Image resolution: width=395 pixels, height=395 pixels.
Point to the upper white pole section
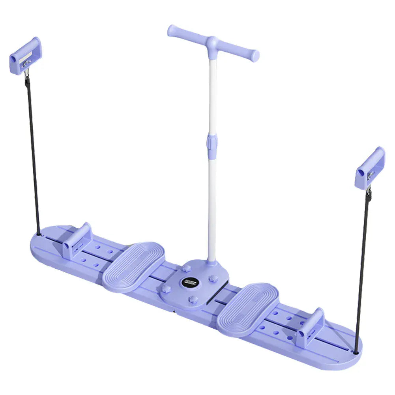pos(213,95)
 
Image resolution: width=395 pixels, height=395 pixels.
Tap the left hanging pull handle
pos(25,56)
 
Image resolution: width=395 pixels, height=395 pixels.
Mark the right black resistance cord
pos(362,268)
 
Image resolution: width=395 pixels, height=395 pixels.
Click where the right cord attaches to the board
pos(357,351)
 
